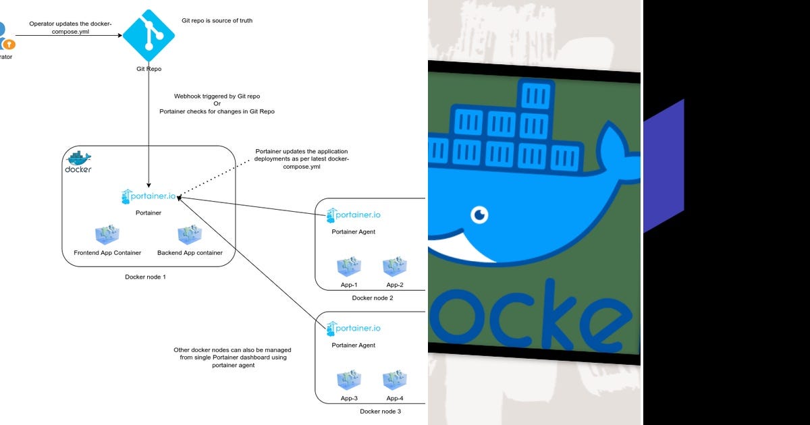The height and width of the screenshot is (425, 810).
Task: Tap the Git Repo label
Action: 148,69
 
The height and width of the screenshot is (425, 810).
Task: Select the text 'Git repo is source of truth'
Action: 217,21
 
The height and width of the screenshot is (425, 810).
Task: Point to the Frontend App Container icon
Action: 107,234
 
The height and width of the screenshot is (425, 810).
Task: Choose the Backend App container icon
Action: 190,234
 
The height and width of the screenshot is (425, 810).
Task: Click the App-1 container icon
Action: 349,266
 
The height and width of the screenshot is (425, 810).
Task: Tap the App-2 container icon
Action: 395,266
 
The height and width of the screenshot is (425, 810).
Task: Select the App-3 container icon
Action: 349,380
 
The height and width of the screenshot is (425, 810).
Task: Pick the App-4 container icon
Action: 395,380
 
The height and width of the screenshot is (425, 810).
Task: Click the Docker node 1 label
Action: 145,277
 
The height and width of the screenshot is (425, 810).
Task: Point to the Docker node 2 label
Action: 372,297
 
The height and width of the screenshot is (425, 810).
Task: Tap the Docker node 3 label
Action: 380,411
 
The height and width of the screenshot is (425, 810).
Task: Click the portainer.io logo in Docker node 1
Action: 148,196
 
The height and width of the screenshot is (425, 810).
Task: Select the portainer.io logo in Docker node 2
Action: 354,215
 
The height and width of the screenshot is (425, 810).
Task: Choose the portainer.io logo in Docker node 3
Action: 354,329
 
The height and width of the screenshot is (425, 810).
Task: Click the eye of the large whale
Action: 480,215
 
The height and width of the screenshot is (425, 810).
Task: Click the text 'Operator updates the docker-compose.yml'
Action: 70,27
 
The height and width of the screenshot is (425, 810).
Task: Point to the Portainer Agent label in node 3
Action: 353,345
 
